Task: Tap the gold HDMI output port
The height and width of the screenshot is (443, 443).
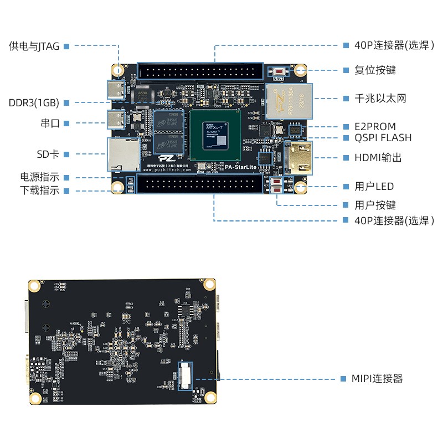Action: [298, 157]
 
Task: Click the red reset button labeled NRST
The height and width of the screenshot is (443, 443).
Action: [279, 71]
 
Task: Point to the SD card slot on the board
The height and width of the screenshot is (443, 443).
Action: [122, 154]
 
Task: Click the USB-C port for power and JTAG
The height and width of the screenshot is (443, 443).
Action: [117, 90]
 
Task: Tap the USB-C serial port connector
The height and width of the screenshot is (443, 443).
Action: [117, 119]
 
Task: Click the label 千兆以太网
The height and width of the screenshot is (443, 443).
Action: [380, 98]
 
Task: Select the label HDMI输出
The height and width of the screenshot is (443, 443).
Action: [378, 158]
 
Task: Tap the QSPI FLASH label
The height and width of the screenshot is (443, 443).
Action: [383, 138]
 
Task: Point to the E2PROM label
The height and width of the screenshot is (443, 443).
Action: [375, 127]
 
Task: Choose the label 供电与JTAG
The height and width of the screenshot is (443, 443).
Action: [34, 47]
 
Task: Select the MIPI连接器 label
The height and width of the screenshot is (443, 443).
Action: [377, 379]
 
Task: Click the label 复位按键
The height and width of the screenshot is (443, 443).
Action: [375, 70]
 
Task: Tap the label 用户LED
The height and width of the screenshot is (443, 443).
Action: [374, 187]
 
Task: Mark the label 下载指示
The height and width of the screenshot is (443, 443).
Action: [39, 191]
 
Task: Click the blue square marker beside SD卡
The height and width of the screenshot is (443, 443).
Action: [66, 154]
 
